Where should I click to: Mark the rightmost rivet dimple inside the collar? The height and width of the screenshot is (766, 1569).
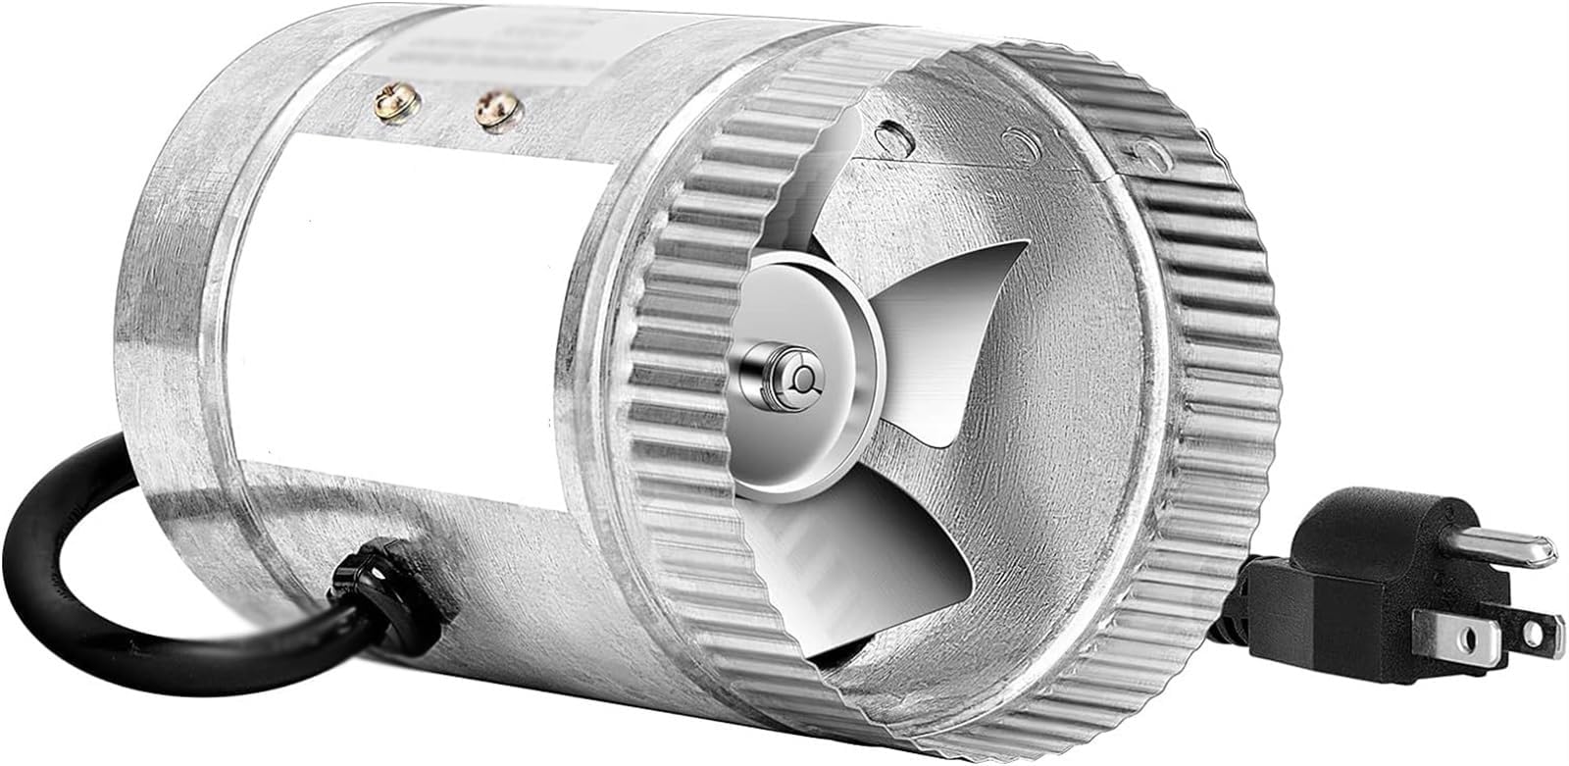pyautogui.click(x=1145, y=153)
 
